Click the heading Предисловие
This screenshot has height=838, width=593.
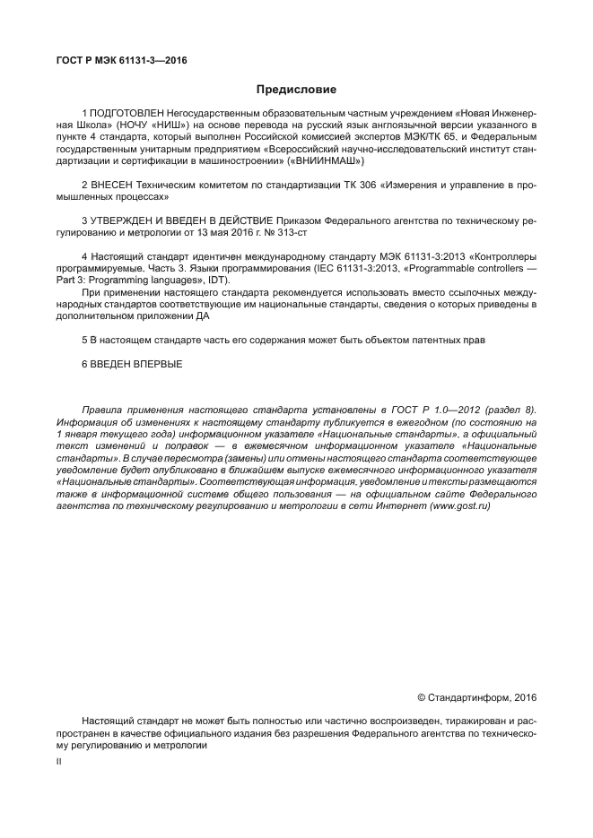pos(296,90)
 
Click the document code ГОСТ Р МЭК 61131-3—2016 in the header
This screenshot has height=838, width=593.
pos(118,61)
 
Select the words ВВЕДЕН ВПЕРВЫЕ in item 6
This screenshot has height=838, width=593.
pos(136,364)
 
